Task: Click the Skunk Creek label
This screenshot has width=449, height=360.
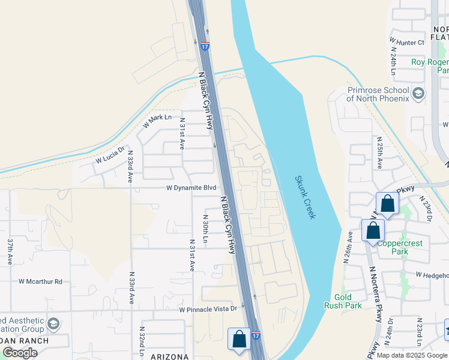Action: pyautogui.click(x=305, y=197)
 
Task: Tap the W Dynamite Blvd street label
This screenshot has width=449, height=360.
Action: pyautogui.click(x=191, y=188)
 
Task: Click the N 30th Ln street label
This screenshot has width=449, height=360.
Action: pyautogui.click(x=205, y=229)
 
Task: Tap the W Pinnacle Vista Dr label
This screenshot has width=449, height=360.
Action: pyautogui.click(x=208, y=310)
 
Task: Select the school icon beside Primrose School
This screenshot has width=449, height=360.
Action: pyautogui.click(x=418, y=94)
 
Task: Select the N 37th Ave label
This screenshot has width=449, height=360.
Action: pyautogui.click(x=10, y=252)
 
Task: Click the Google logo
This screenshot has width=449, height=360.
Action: pyautogui.click(x=20, y=353)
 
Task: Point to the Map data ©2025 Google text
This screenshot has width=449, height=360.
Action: pyautogui.click(x=412, y=355)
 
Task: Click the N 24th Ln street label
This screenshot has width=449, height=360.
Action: pyautogui.click(x=394, y=61)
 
